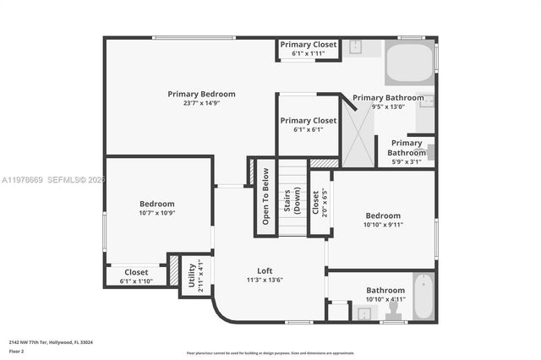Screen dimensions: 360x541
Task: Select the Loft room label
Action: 265,270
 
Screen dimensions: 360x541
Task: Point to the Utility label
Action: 192,275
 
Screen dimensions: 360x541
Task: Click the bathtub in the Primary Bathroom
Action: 409,63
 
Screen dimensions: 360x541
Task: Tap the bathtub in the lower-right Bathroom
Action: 423,297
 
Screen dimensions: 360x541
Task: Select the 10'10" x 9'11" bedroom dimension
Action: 383,225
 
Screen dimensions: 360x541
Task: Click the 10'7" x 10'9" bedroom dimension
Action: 156,213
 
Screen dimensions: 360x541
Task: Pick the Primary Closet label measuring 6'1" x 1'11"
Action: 309,45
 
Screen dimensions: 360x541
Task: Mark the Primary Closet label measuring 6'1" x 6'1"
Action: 309,121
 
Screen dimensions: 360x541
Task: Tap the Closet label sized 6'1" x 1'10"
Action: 135,272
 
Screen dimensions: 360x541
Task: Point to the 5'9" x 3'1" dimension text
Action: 405,161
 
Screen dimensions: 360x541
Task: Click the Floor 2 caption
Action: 17,350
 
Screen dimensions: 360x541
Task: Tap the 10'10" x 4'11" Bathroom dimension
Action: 385,299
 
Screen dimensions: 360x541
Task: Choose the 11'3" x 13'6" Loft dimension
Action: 265,280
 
